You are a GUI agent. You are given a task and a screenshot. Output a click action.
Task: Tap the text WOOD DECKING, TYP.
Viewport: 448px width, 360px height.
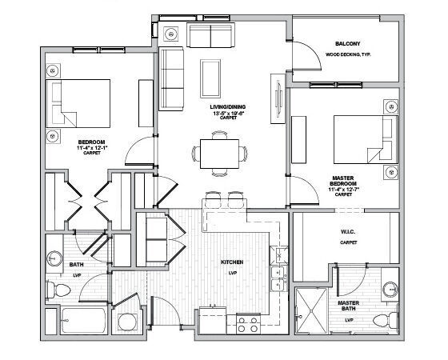346,54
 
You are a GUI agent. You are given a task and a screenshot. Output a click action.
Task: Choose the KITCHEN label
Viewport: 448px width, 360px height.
232,262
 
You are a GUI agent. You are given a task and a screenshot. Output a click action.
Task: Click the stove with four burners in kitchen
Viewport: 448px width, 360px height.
248,323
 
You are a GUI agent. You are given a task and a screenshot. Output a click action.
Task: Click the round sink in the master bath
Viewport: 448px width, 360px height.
389,289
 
